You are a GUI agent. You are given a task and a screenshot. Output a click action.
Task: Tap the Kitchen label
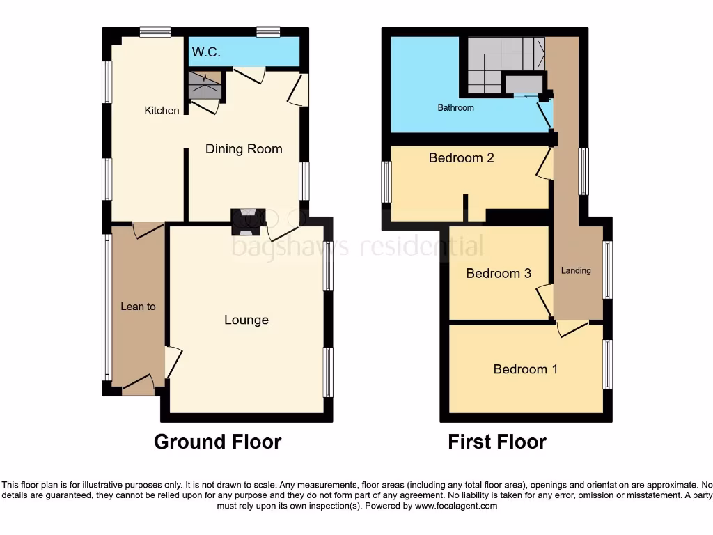point(162,110)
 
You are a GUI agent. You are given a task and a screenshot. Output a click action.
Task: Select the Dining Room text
point(244,148)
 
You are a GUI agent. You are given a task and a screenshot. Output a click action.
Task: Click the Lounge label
point(246,320)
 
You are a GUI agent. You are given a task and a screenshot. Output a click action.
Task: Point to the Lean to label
point(138,307)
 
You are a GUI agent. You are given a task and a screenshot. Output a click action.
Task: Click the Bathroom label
point(455,108)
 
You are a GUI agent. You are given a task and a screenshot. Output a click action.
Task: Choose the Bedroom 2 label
point(461,158)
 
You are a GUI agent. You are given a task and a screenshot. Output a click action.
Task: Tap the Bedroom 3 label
point(499,273)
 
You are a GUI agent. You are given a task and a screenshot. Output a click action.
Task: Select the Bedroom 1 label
point(525,369)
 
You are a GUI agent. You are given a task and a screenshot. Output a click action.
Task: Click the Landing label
point(576,270)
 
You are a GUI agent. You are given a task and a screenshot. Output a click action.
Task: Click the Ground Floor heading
point(217,442)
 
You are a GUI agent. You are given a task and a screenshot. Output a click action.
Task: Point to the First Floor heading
point(497,442)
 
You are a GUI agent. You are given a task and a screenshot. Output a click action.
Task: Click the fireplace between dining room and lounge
point(248,221)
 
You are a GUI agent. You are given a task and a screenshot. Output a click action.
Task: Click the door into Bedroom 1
point(571,327)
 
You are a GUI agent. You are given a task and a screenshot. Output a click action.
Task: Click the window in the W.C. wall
point(267,31)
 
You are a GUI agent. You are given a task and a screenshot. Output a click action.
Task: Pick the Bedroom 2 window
point(386,183)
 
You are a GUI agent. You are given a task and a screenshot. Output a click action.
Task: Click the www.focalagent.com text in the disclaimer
point(455,506)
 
